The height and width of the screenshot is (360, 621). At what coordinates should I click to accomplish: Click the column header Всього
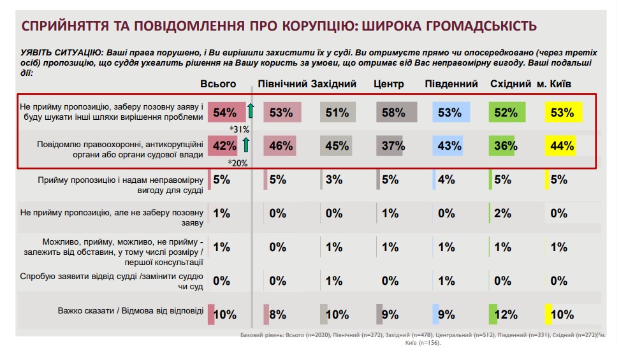pyautogui.click(x=218, y=84)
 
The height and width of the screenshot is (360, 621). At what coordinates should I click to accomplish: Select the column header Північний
pyautogui.click(x=282, y=84)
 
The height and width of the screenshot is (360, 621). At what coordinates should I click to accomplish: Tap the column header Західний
pyautogui.click(x=333, y=84)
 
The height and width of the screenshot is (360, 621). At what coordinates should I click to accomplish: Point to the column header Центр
pyautogui.click(x=389, y=84)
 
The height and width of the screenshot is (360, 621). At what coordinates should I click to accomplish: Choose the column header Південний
pyautogui.click(x=451, y=84)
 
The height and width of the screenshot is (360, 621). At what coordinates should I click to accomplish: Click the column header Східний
pyautogui.click(x=511, y=84)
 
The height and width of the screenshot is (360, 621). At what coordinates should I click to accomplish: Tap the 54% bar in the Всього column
pyautogui.click(x=226, y=113)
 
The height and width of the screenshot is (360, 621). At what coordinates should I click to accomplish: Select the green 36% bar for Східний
pyautogui.click(x=504, y=146)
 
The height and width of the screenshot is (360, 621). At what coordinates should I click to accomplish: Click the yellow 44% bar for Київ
pyautogui.click(x=560, y=146)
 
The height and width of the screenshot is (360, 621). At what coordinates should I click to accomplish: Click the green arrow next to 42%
pyautogui.click(x=246, y=146)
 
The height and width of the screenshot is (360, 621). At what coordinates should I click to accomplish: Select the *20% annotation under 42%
pyautogui.click(x=238, y=163)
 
